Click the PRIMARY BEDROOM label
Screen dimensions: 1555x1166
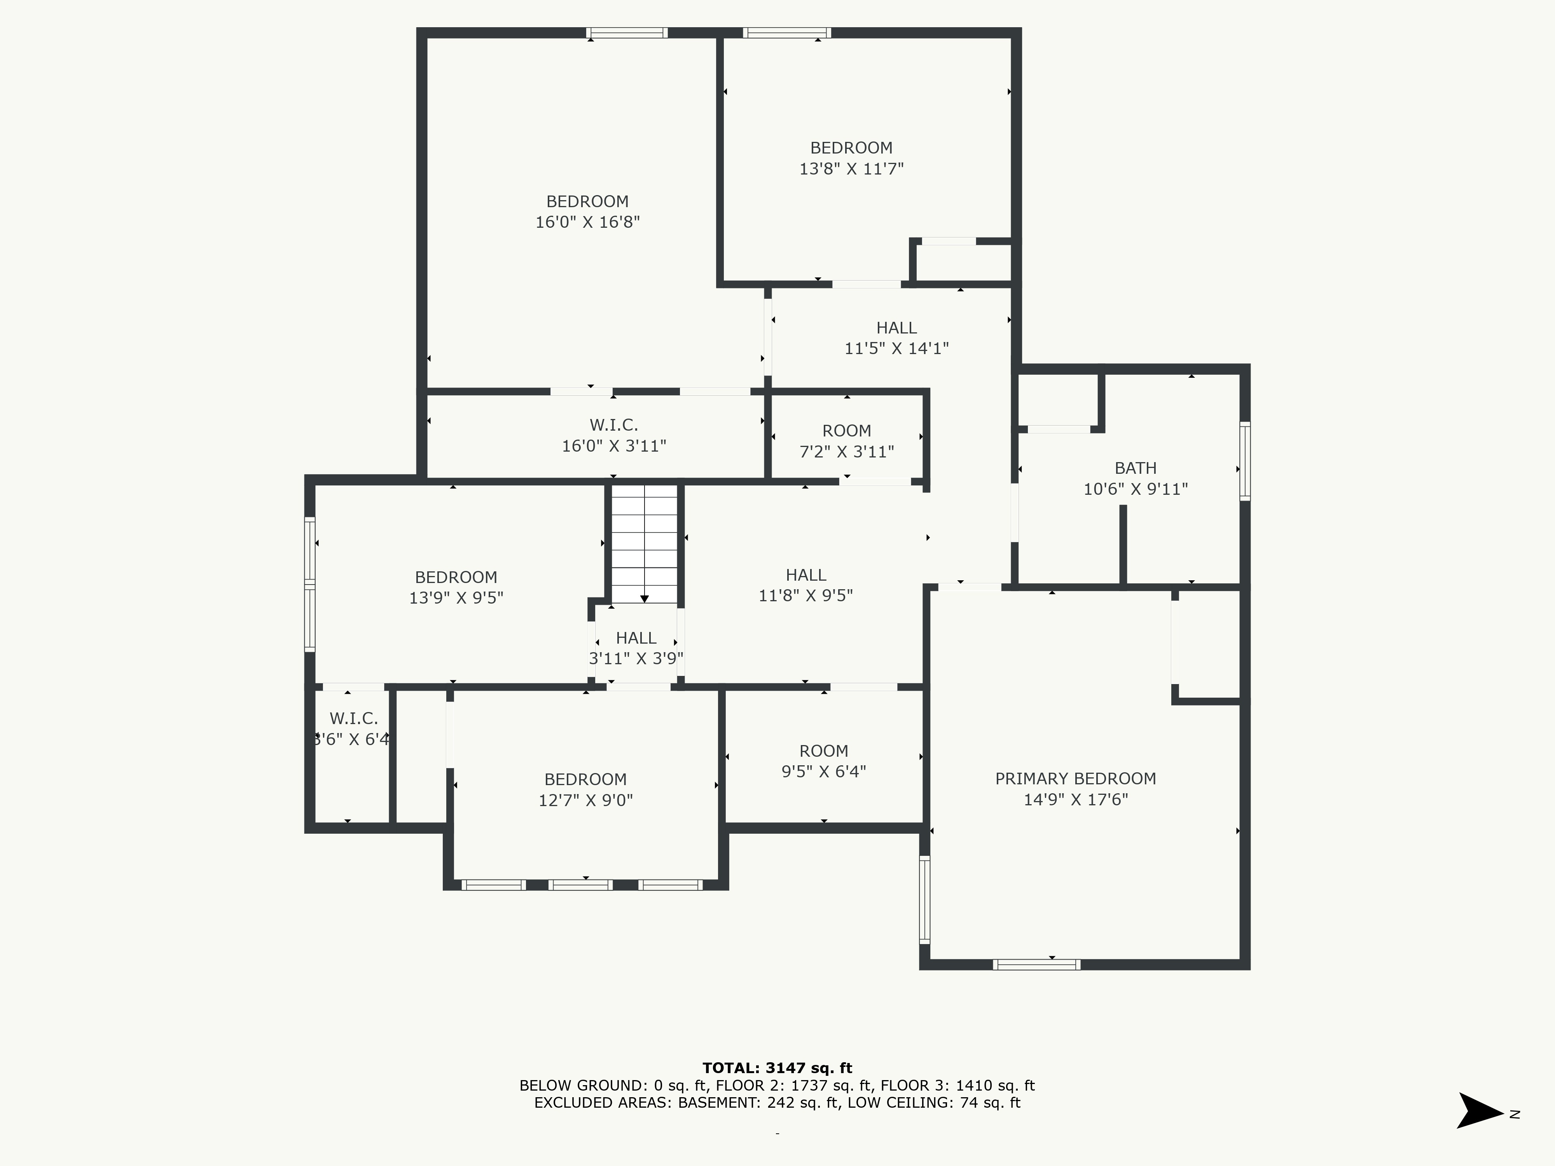tap(1076, 779)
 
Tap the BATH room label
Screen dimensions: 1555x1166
tap(1135, 468)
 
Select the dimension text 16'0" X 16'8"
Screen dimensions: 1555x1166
tap(588, 222)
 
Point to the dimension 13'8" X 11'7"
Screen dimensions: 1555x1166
tap(851, 169)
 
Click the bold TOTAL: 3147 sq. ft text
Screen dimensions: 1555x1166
tap(777, 1068)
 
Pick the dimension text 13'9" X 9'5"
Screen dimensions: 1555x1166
tap(456, 598)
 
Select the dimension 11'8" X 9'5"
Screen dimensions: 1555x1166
tap(805, 596)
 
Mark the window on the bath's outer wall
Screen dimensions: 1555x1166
tap(1245, 461)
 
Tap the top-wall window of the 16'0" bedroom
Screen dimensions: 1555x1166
tap(627, 32)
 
